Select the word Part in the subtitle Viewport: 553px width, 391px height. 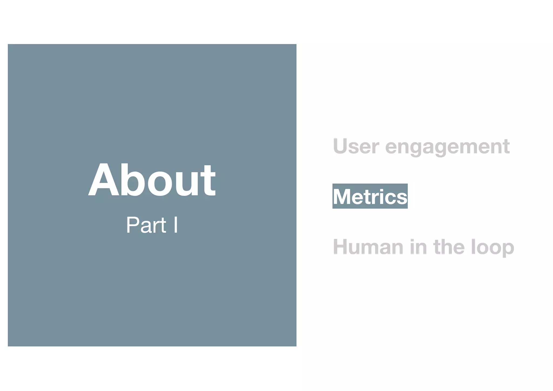146,225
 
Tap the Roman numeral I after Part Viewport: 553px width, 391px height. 176,225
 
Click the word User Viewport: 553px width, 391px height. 356,146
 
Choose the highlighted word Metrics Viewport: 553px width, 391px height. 370,196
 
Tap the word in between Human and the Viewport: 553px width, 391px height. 418,247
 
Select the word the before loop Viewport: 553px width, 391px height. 449,247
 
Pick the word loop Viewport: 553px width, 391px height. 492,247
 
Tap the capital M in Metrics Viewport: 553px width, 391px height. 342,196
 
